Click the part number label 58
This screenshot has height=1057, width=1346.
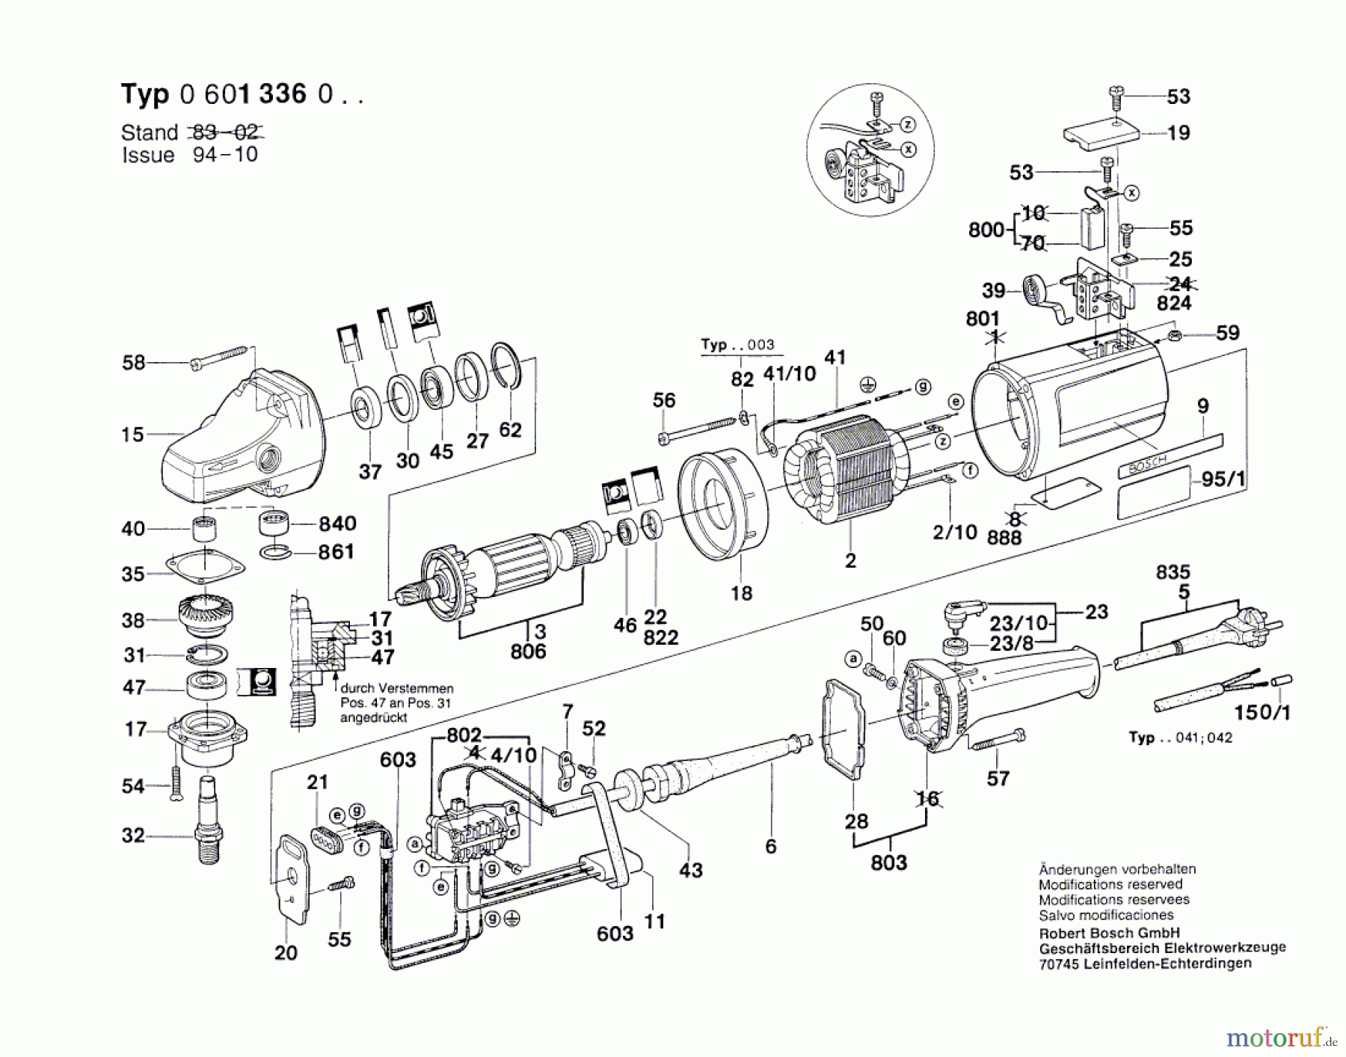tap(133, 363)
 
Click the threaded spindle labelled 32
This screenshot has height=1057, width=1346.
tap(208, 820)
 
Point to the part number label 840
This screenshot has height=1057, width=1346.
tap(337, 523)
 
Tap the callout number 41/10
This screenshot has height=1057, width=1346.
tap(789, 374)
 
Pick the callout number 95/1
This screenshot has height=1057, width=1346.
tap(1224, 479)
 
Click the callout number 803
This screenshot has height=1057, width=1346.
tap(888, 863)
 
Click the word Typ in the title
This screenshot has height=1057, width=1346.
tap(145, 95)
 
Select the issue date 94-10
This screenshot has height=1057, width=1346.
tap(225, 155)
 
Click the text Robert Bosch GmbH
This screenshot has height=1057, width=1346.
tap(1110, 933)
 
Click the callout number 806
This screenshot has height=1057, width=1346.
tap(528, 652)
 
